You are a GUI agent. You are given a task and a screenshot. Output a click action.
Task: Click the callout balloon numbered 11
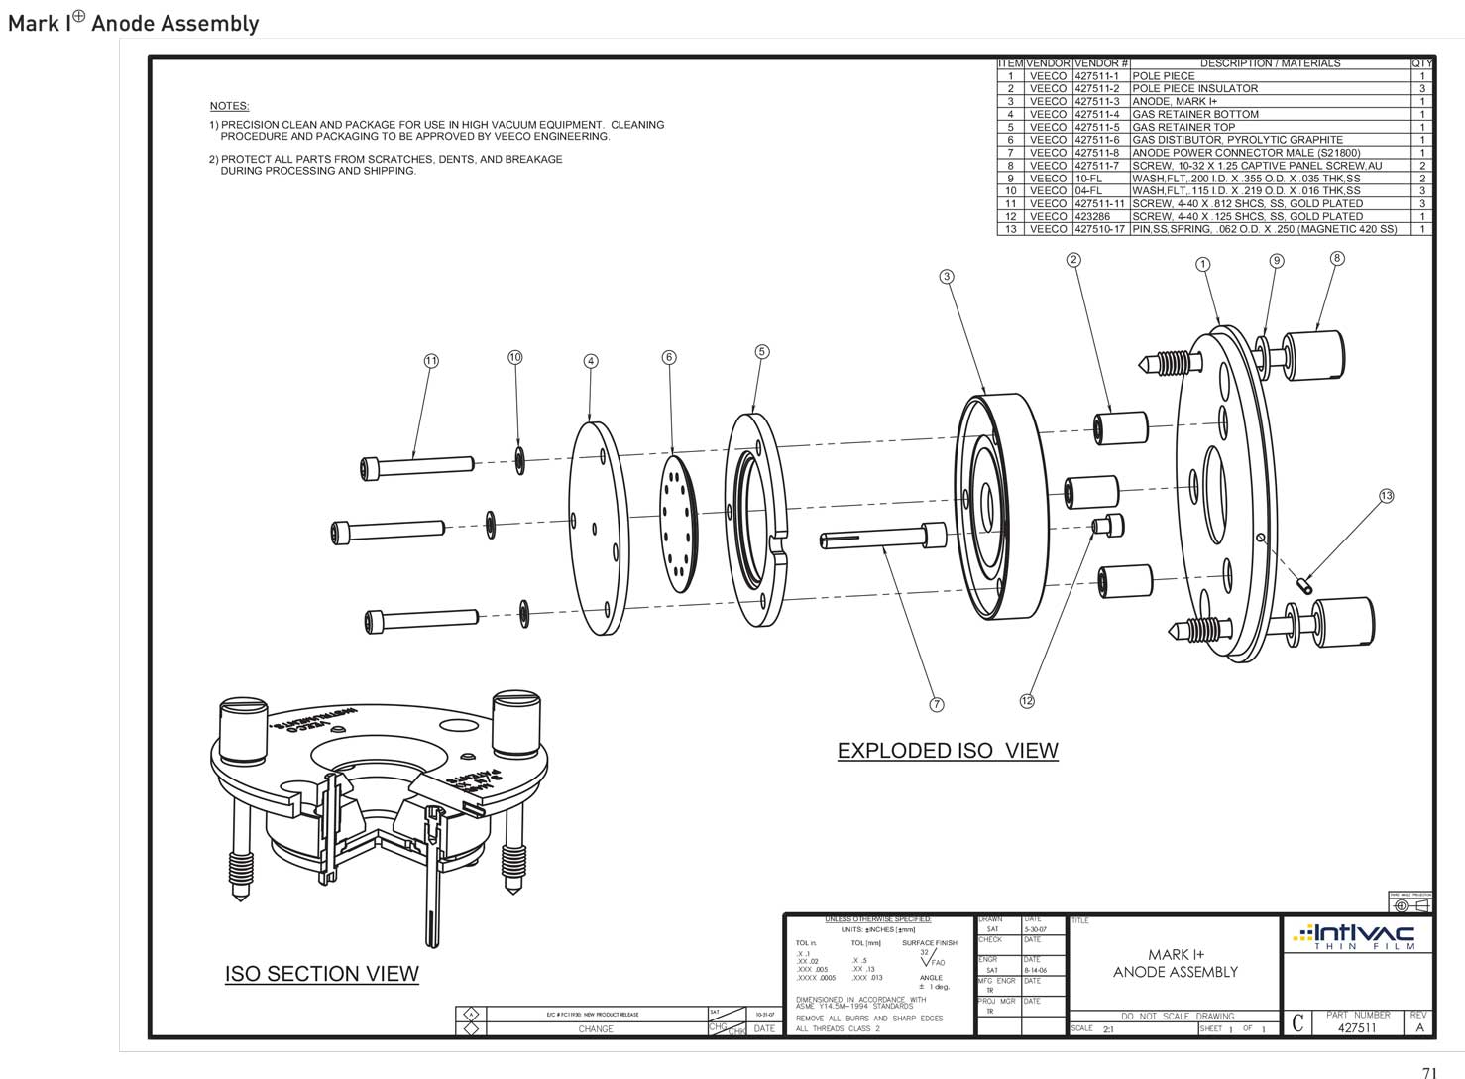point(430,361)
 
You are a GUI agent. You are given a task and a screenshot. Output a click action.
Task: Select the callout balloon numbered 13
point(1386,496)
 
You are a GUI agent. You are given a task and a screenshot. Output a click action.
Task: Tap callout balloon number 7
point(936,704)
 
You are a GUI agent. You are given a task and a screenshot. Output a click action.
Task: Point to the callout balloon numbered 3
point(947,276)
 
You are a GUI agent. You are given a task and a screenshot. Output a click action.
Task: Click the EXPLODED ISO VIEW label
point(948,751)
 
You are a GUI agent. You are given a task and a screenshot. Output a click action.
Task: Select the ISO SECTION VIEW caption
point(321,974)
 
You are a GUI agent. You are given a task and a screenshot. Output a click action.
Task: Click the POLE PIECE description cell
point(1164,76)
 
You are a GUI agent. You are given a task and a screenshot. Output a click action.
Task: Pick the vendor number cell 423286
point(1094,216)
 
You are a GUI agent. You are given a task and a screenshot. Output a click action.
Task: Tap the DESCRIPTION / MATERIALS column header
point(1270,63)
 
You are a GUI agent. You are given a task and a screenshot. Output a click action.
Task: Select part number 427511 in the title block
point(1357,1028)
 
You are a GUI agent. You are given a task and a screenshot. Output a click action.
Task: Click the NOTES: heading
point(229,106)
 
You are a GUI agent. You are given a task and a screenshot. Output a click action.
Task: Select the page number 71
point(1429,1072)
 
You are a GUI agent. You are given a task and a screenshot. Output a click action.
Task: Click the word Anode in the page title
point(119,24)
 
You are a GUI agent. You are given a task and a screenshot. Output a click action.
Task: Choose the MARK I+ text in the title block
point(1176,955)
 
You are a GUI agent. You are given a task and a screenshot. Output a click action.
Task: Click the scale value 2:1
point(1108,1029)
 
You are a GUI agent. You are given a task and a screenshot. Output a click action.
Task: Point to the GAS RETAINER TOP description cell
point(1183,127)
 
